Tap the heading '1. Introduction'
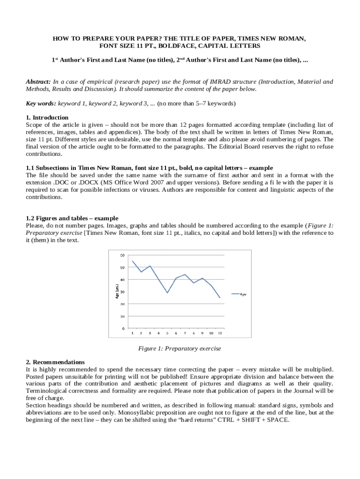(x=47, y=117)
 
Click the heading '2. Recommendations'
(x=56, y=362)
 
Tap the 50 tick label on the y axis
(x=122, y=268)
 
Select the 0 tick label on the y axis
(x=123, y=328)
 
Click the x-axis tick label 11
(x=220, y=334)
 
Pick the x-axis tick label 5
(x=167, y=334)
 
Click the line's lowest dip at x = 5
(x=167, y=293)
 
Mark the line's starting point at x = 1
(x=132, y=261)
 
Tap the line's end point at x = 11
(x=220, y=298)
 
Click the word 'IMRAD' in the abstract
(x=206, y=82)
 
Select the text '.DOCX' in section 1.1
(x=71, y=182)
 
